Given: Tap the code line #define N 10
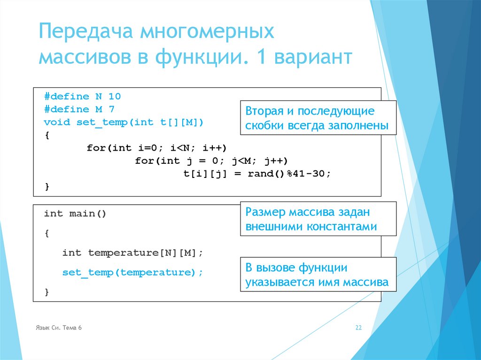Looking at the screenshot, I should [x=82, y=96].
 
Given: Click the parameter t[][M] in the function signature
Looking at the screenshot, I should [x=179, y=123].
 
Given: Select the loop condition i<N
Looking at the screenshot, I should [x=179, y=148].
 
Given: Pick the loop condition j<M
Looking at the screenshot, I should [x=241, y=161].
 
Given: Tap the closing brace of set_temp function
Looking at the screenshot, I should [x=47, y=186].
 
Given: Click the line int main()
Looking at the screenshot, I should [x=75, y=214].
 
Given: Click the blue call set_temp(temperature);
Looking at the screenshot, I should [x=132, y=272].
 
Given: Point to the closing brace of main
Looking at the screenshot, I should [x=47, y=292].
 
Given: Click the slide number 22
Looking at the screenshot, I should [x=358, y=328].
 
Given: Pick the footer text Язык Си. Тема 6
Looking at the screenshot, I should [x=59, y=328].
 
